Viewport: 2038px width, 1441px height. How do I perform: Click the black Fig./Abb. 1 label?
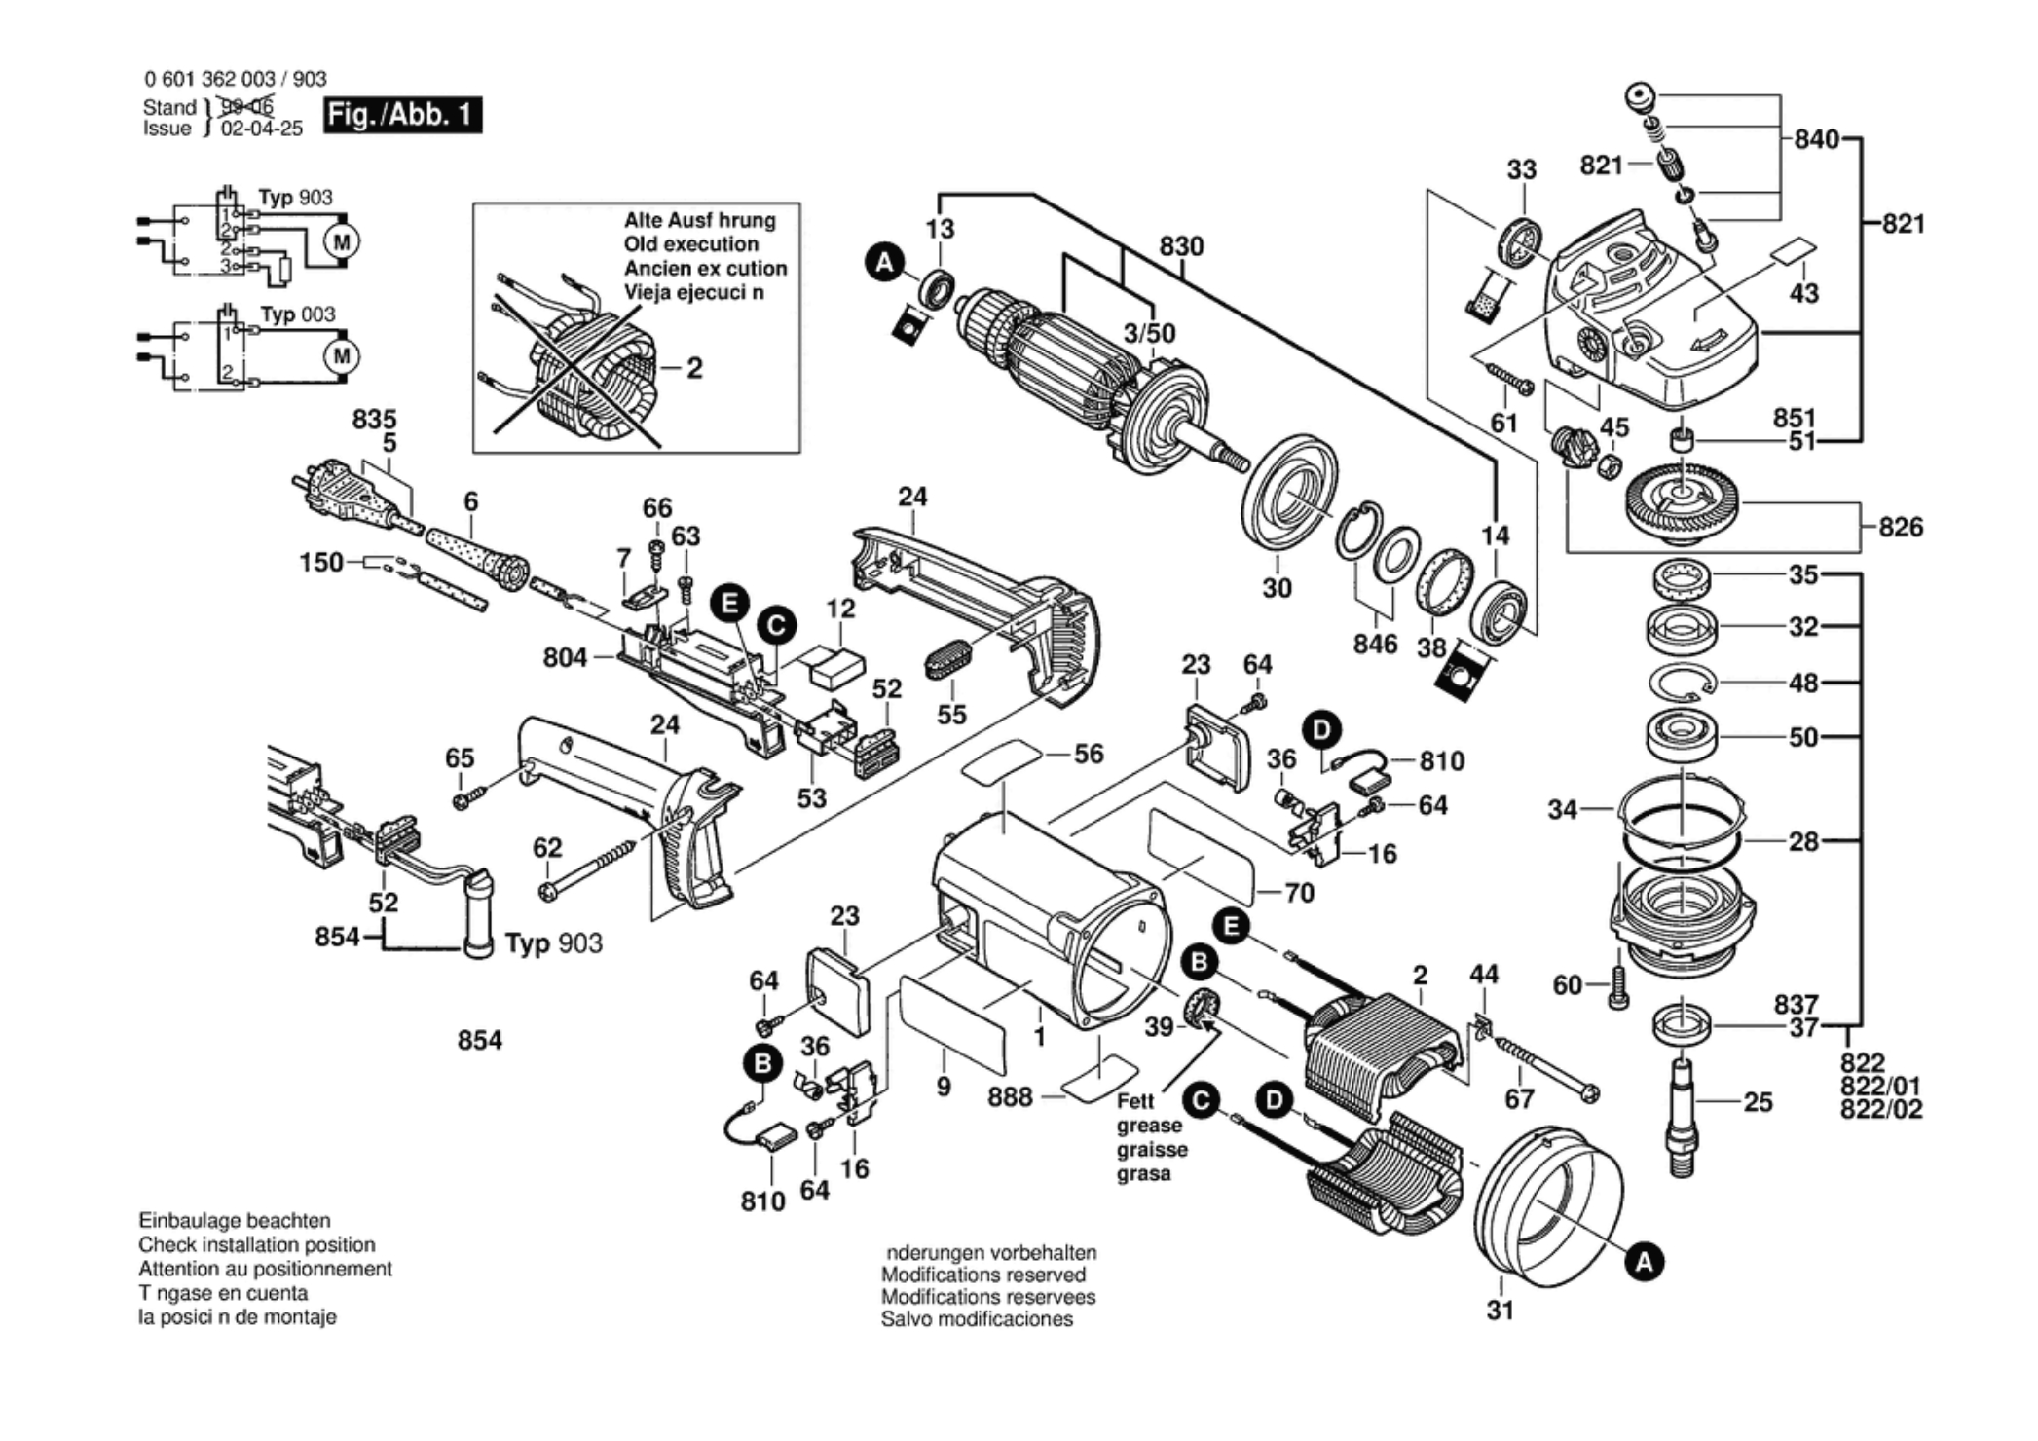pyautogui.click(x=402, y=115)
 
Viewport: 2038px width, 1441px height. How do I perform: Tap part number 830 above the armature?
pyautogui.click(x=1181, y=246)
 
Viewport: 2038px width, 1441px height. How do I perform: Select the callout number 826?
pyautogui.click(x=1900, y=528)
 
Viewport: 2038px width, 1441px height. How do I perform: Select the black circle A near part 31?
pyautogui.click(x=1644, y=1263)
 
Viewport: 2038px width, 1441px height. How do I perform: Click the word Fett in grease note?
pyautogui.click(x=1135, y=1101)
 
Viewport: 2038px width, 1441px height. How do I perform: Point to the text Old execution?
pyautogui.click(x=690, y=244)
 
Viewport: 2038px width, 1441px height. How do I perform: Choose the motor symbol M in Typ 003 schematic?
pyautogui.click(x=341, y=356)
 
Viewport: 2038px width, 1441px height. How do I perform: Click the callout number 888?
pyautogui.click(x=1010, y=1097)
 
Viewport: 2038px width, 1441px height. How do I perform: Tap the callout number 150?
pyautogui.click(x=320, y=563)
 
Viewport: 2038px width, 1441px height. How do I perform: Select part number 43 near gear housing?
pyautogui.click(x=1803, y=293)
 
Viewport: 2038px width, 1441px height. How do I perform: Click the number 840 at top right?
pyautogui.click(x=1816, y=139)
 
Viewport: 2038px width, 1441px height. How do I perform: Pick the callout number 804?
pyautogui.click(x=565, y=658)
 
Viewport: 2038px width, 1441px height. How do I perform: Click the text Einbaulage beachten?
pyautogui.click(x=234, y=1221)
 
